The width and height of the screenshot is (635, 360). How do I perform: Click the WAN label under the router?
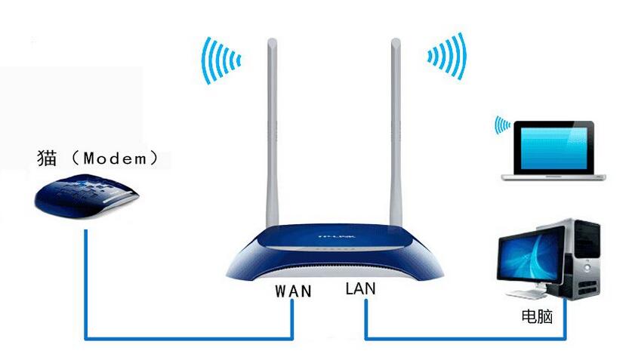tap(293, 291)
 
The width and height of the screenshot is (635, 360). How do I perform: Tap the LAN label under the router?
tap(360, 288)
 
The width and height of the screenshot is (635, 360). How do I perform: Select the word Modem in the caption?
tap(115, 158)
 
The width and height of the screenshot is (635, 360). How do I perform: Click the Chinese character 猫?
tap(47, 158)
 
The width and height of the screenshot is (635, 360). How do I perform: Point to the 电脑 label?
tap(537, 316)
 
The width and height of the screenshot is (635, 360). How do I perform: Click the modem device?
tap(87, 195)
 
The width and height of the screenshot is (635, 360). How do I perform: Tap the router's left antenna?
tap(272, 133)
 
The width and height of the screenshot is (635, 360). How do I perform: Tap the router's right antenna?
tap(396, 133)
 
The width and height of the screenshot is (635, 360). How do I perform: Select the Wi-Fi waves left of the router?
tap(220, 60)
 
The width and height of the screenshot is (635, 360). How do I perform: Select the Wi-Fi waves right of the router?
tap(447, 56)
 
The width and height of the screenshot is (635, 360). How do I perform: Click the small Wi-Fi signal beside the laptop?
tap(503, 125)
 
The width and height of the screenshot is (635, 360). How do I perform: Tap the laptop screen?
tap(553, 148)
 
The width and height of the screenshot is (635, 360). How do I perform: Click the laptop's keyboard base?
tap(553, 177)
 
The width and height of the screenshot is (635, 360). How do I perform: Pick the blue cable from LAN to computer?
tap(466, 338)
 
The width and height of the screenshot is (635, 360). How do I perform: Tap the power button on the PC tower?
tap(587, 268)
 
